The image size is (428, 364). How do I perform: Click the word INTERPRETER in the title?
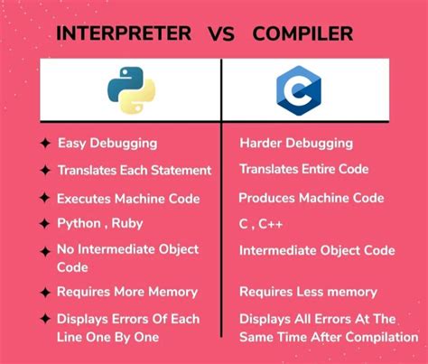pos(124,34)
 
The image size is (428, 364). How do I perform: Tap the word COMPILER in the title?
pos(303,34)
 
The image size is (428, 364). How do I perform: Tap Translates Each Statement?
pos(135,170)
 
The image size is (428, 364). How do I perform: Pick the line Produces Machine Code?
pos(312,198)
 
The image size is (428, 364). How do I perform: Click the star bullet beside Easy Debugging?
pos(44,143)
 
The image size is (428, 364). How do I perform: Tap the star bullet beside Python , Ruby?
pos(44,223)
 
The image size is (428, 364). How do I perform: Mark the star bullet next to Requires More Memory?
pos(44,292)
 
